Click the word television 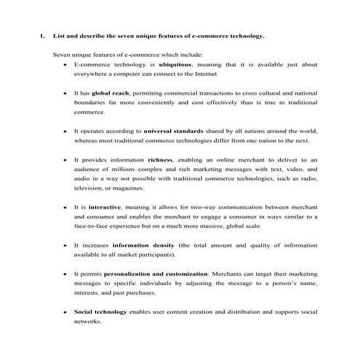pos(90,187)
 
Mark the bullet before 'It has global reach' pos(65,94)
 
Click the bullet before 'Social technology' pos(65,311)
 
